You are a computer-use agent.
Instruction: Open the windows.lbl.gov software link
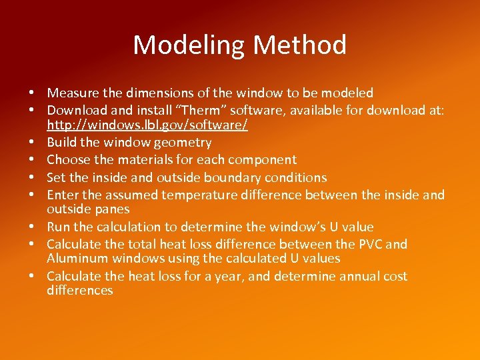pos(147,125)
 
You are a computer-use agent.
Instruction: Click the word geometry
pos(181,143)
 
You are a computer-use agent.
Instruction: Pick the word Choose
pos(67,160)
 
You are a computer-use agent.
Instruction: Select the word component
pos(264,160)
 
